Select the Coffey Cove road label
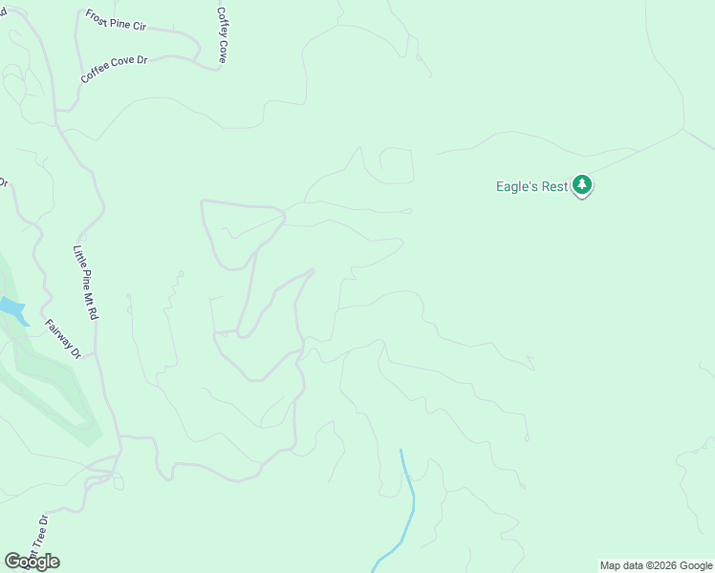(x=222, y=36)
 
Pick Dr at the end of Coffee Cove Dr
(x=141, y=59)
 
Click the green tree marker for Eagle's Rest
(x=582, y=185)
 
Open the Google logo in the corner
(x=32, y=562)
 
